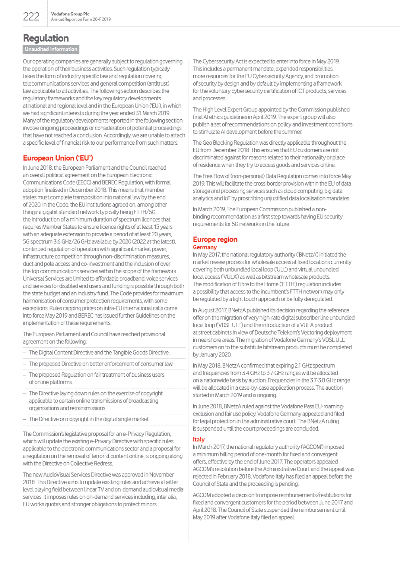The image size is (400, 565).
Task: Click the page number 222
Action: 31,17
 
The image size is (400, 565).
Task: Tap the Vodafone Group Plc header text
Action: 70,14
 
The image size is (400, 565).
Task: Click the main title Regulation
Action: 46,38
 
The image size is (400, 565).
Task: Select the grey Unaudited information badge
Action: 51,50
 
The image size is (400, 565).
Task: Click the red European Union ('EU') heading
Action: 58,158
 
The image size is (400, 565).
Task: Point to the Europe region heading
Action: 215,239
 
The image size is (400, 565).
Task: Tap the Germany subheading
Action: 205,247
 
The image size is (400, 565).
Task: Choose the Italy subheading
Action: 199,439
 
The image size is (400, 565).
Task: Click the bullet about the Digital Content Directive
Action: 99,353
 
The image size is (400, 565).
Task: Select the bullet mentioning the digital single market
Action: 89,419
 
